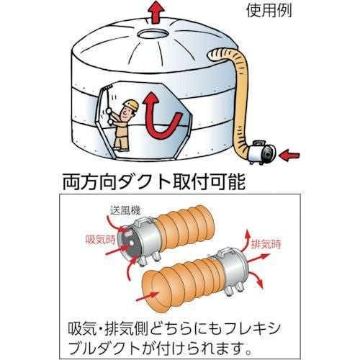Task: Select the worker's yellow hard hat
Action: click(130, 106)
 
